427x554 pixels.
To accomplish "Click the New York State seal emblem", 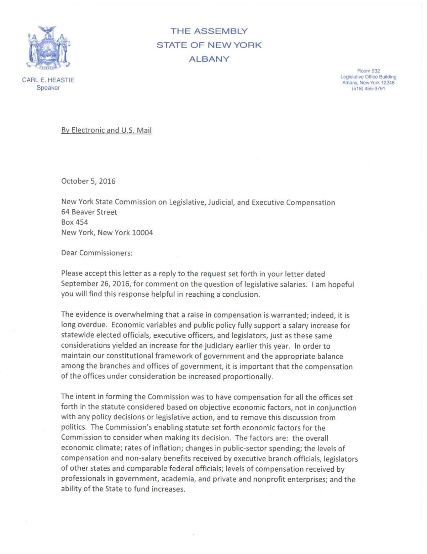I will point(48,48).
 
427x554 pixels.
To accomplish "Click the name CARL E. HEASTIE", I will point(48,80).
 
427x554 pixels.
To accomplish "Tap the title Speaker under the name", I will point(48,88).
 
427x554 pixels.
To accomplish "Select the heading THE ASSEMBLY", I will point(209,31).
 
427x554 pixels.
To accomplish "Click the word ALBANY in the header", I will point(209,59).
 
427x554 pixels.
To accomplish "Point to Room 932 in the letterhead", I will point(368,71).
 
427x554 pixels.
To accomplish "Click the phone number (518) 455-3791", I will point(368,88).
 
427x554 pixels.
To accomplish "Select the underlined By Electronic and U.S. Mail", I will point(106,130).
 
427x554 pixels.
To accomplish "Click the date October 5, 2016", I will point(88,181).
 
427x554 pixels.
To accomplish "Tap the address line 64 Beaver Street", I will point(89,212).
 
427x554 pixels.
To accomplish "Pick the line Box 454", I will point(74,222).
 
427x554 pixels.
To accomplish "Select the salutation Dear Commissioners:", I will point(97,253).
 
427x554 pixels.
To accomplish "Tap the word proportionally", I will point(248,377).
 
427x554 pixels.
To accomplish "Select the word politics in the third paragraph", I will point(74,428).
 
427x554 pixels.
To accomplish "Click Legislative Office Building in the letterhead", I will point(368,77).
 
